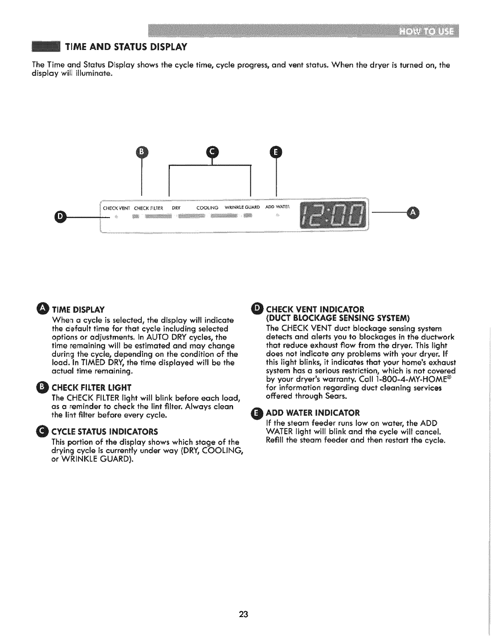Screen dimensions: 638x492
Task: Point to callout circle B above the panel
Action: click(x=142, y=152)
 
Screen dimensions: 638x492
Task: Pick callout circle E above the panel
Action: click(x=276, y=152)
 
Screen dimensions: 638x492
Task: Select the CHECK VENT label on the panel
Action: click(x=116, y=208)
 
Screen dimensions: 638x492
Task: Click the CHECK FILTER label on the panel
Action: click(x=148, y=208)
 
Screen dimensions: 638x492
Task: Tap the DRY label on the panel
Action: click(x=176, y=208)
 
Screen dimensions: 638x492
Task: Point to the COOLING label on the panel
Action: click(x=207, y=208)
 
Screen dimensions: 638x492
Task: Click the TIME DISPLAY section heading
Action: click(x=78, y=310)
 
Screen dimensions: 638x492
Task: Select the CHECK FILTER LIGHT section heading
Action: click(x=92, y=388)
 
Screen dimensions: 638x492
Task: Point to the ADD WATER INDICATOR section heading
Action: click(x=313, y=413)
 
